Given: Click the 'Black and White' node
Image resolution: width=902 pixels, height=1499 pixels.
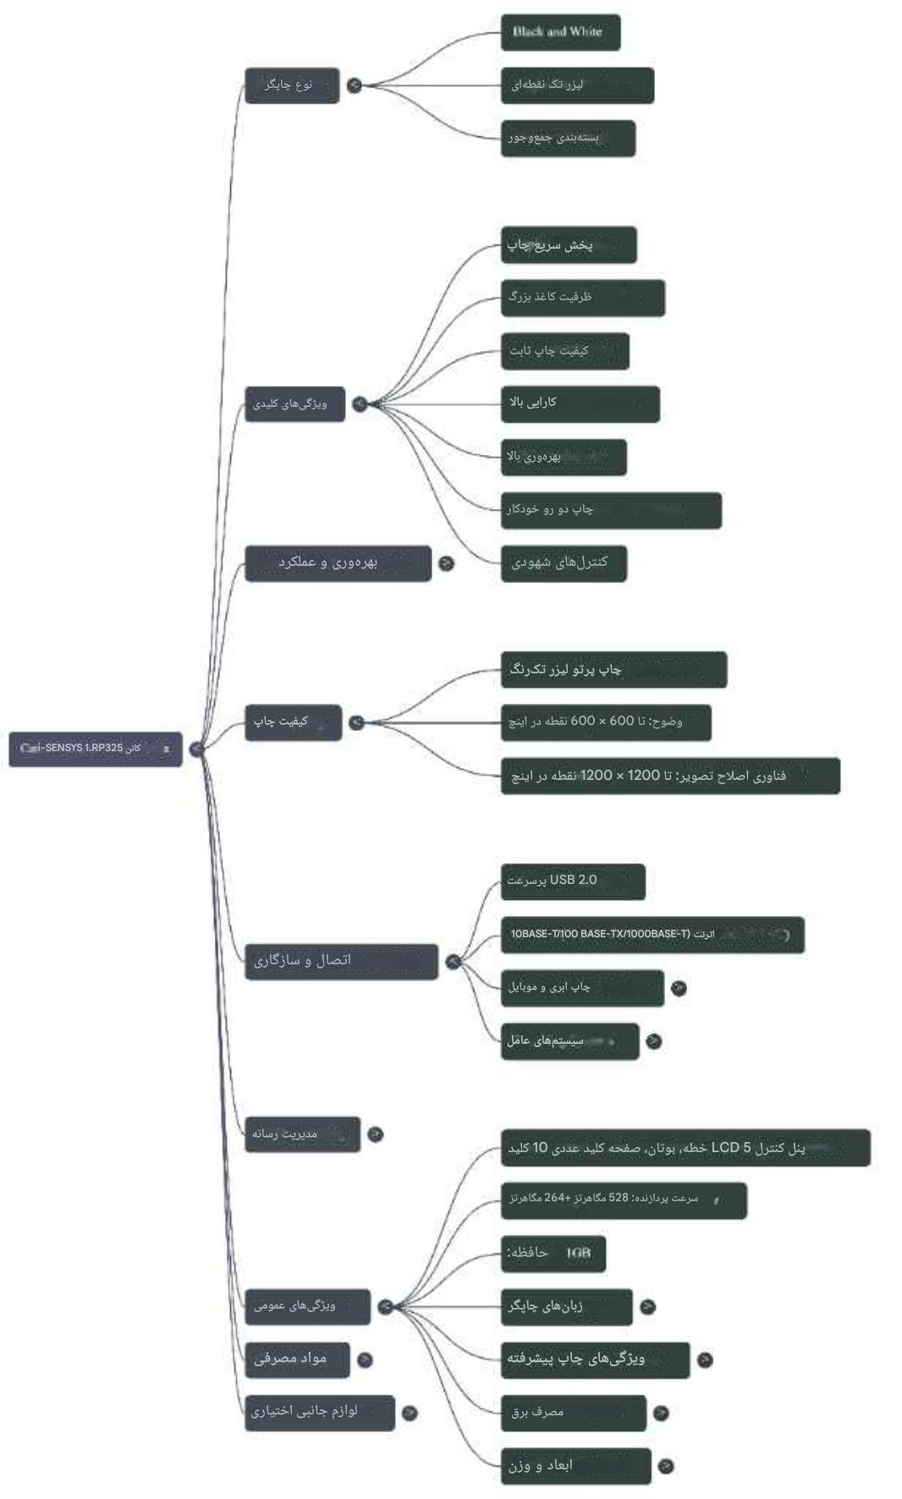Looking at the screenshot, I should pos(560,32).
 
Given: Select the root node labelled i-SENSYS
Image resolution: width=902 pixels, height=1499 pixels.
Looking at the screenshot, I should pos(96,749).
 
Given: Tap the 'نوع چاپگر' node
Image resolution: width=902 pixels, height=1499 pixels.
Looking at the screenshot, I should pos(292,85).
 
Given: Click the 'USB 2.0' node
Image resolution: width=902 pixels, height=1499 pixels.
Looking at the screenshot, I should pos(572,881).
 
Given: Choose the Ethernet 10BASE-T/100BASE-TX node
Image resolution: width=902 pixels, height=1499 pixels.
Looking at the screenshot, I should pos(652,935).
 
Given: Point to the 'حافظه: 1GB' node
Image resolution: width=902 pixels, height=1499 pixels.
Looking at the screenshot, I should pos(553,1253).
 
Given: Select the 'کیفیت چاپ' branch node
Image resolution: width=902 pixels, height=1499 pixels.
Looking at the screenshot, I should pos(293,722).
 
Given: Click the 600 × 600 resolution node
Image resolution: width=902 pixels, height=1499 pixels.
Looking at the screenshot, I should pos(605,722).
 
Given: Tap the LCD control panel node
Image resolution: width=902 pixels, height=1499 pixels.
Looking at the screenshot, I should pos(685,1148).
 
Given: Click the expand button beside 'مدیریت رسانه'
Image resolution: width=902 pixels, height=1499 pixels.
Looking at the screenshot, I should pos(376,1134).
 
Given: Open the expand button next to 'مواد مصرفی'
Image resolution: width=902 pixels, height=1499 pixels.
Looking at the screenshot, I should pos(365,1359).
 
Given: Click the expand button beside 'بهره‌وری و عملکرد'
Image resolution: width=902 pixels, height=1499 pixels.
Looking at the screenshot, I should pos(446,563).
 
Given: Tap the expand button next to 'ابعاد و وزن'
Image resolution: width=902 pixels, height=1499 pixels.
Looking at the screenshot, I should pos(666,1466).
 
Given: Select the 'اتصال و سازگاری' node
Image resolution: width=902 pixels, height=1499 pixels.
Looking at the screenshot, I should pos(341,962).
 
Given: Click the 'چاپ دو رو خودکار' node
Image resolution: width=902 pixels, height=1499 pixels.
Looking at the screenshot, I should pos(610,510).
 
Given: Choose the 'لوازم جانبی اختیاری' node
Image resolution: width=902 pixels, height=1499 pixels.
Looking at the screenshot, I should pos(320,1412).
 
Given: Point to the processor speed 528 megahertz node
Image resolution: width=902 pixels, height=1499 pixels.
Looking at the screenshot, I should pos(623,1200).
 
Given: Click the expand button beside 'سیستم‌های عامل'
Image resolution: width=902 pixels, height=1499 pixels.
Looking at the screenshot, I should pos(653,1041).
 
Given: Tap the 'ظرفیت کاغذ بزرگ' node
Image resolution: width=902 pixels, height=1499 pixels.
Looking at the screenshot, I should pos(582,298).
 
